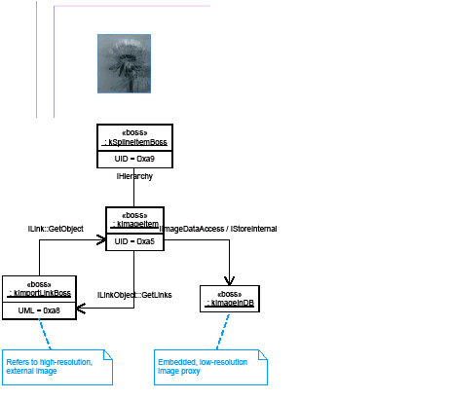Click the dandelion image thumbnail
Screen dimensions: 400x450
(125, 62)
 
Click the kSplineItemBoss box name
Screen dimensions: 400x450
(135, 142)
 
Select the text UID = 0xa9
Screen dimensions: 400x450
(134, 159)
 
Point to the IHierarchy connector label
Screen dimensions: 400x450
(134, 177)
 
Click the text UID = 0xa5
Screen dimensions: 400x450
(132, 240)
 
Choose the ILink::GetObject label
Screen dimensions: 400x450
(56, 228)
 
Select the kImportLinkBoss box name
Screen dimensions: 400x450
(39, 292)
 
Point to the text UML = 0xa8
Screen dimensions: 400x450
(39, 309)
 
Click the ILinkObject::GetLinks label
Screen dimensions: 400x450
(134, 295)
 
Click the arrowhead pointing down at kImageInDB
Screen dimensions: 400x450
(228, 281)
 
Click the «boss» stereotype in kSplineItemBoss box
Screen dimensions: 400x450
(134, 132)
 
